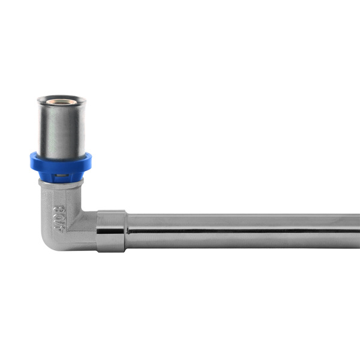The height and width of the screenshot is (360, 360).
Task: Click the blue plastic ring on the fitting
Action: (61, 163)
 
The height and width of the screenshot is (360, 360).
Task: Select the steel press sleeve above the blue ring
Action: (61, 129)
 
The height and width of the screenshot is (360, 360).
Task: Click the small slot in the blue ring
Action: (59, 176)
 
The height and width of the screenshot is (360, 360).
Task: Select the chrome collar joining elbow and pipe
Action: (111, 231)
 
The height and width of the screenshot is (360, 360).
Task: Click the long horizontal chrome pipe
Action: (240, 231)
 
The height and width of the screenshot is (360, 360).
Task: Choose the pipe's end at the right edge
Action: (358, 231)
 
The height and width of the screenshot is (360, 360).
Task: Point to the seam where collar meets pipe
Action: (126, 231)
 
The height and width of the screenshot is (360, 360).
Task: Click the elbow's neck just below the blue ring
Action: (61, 182)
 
